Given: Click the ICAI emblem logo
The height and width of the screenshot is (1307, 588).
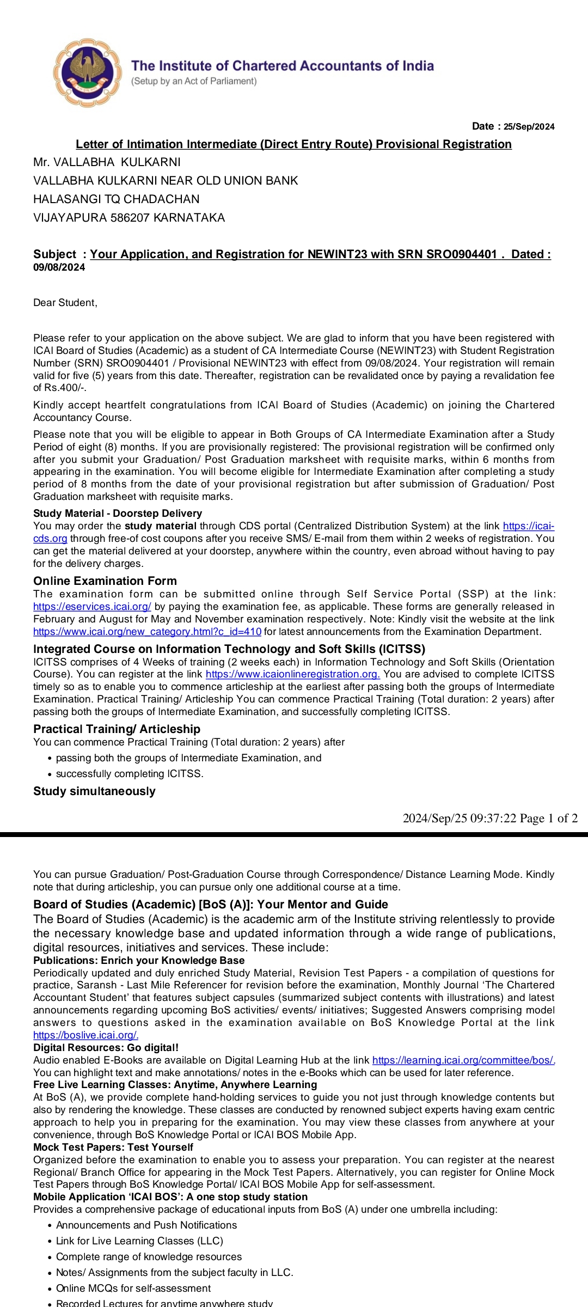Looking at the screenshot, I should (x=88, y=72).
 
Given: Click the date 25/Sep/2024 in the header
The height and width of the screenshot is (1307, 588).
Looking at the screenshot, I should (x=529, y=127).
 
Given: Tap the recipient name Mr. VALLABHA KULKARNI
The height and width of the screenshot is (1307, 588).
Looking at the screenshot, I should (x=107, y=162).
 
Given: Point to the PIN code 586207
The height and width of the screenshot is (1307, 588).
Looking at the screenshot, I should (x=130, y=218).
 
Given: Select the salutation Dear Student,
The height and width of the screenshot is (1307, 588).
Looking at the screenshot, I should (x=65, y=303).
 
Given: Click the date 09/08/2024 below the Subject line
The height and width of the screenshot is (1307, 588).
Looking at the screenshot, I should (x=59, y=267).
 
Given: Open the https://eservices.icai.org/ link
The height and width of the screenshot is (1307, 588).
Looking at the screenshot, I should (x=92, y=607).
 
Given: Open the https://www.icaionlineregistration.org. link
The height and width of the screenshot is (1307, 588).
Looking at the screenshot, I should (x=292, y=674).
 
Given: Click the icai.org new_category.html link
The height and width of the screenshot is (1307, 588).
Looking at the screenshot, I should (x=147, y=632).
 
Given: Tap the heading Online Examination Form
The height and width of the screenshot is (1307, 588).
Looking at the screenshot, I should (x=105, y=581).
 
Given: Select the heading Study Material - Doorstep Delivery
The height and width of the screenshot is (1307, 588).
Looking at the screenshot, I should (x=118, y=514).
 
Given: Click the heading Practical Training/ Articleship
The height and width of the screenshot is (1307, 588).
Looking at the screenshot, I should (x=117, y=729).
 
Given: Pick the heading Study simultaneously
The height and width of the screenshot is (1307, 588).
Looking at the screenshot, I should (x=94, y=791).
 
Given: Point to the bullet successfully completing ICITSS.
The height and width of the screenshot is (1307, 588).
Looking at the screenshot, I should (x=130, y=774).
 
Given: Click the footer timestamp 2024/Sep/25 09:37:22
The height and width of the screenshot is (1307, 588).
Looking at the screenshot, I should (x=459, y=819).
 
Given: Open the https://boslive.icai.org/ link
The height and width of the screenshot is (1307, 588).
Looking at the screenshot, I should (x=85, y=1035).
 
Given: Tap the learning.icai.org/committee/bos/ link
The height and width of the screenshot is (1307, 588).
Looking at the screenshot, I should (x=463, y=1060).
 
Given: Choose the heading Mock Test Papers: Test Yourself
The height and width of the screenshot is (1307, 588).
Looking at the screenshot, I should (x=113, y=1147).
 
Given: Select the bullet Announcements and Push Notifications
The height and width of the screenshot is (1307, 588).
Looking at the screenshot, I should (x=146, y=1225).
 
